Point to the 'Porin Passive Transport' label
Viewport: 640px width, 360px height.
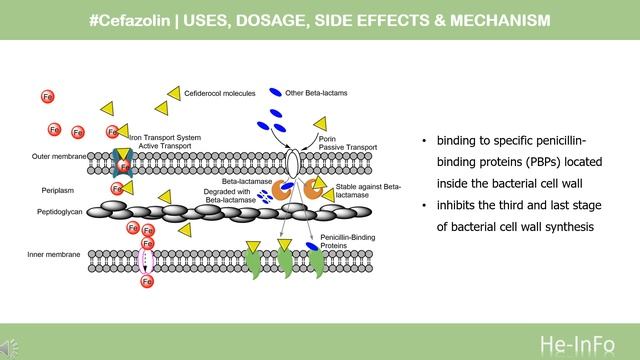point(339,142)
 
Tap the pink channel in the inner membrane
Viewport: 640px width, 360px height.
point(147,262)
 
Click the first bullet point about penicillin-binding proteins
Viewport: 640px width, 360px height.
point(505,162)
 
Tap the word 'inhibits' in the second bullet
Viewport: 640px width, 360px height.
point(458,207)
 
